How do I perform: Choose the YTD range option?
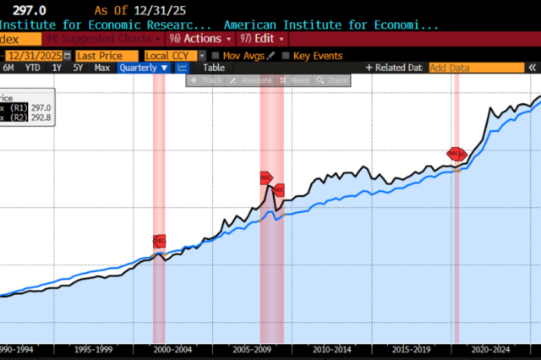coord(32,68)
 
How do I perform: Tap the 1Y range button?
coord(57,68)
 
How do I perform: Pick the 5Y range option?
coord(78,68)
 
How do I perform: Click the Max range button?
coord(101,68)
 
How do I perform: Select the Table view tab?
coord(214,68)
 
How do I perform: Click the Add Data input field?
coord(464,68)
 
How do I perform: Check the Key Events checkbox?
coord(286,55)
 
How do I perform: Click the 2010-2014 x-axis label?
coord(332,348)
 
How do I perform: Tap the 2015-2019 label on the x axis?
coord(413,348)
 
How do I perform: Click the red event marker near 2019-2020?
coord(456,154)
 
